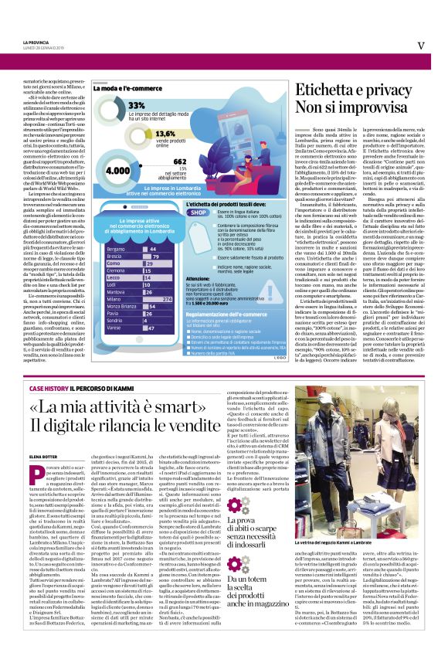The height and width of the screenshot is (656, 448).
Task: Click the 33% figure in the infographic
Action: [137, 104]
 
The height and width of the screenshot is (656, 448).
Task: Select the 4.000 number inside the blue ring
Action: [117, 170]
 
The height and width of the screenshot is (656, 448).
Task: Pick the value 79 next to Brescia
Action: [154, 257]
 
